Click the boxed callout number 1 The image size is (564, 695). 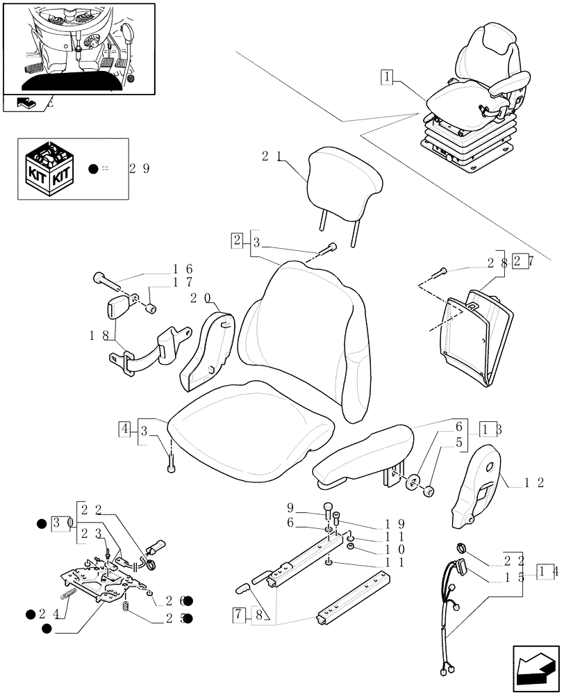[x=387, y=77]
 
